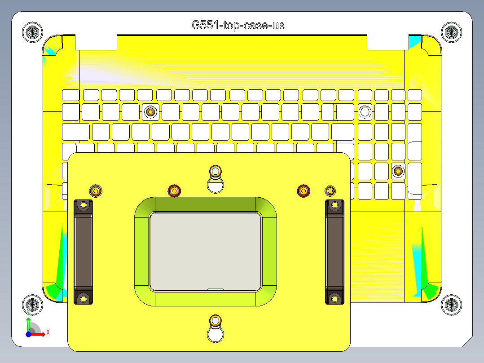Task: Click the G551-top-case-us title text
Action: [x=238, y=25]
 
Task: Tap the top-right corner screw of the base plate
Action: [x=451, y=32]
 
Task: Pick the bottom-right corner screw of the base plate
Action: [x=451, y=305]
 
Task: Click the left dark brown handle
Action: [x=83, y=252]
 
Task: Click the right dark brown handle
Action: [x=334, y=252]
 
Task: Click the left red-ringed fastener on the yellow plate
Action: [x=174, y=191]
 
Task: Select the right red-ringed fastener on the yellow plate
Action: [x=304, y=191]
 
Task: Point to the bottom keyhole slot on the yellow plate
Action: [x=216, y=328]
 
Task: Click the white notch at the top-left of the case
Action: [x=96, y=44]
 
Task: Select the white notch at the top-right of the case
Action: [x=387, y=44]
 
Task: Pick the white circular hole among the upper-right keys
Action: [x=365, y=111]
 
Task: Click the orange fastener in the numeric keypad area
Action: [x=397, y=171]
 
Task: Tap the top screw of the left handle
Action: [x=83, y=205]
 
